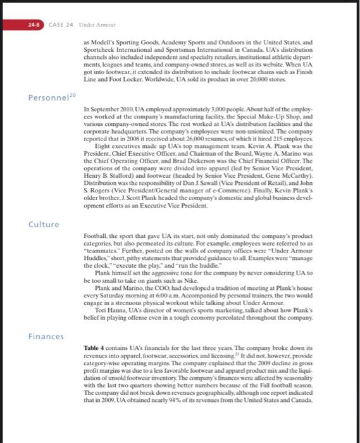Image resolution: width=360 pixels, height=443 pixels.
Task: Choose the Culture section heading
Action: (x=44, y=224)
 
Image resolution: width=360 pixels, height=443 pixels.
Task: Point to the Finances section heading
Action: (x=46, y=336)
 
